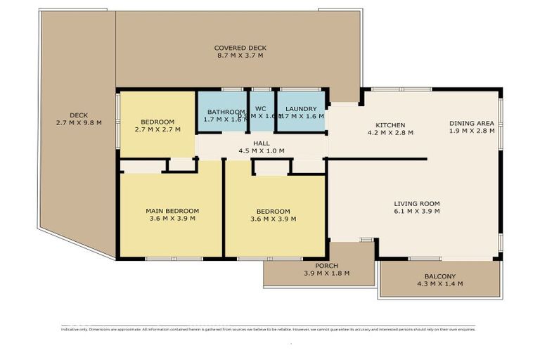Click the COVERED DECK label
[240, 48]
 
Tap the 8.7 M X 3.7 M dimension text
[240, 56]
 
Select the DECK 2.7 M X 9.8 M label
[79, 119]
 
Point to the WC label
[260, 109]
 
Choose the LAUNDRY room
[302, 112]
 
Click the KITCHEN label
[390, 125]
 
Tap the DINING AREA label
[472, 124]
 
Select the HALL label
[262, 143]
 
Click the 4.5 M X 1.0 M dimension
[262, 150]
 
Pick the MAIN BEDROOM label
[172, 211]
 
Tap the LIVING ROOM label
[417, 203]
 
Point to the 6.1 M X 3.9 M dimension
[417, 211]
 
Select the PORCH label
[326, 265]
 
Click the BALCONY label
[441, 276]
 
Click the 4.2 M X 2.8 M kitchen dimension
[390, 132]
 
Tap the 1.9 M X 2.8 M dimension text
[472, 131]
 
